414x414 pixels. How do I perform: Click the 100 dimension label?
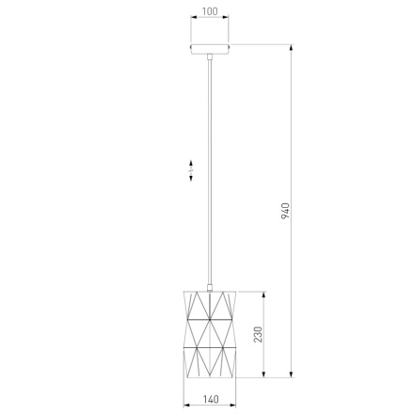(x=210, y=11)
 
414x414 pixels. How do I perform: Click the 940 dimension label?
(x=285, y=211)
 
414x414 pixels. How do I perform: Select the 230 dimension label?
(x=258, y=334)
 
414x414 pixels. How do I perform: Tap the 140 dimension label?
(x=211, y=399)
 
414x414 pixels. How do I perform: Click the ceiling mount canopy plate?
(x=210, y=49)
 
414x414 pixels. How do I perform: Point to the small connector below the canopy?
(x=210, y=56)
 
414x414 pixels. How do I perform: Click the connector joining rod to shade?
(x=210, y=287)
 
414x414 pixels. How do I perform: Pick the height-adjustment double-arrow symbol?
(x=191, y=170)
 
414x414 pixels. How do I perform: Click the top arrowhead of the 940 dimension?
(x=292, y=48)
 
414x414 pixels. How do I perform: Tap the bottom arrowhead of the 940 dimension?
(x=292, y=374)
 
